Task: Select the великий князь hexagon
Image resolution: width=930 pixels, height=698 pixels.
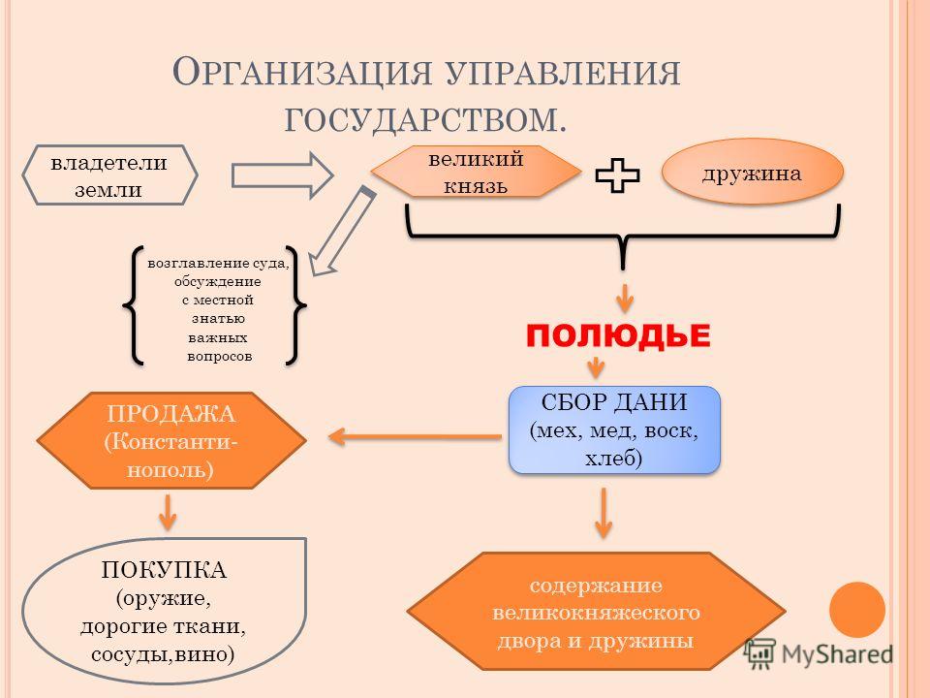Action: pos(470,170)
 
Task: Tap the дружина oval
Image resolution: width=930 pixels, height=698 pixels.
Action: pos(753,172)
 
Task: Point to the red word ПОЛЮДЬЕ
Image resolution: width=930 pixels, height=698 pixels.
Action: pos(618,335)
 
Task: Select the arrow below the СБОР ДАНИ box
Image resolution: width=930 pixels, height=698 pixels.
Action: pos(604,511)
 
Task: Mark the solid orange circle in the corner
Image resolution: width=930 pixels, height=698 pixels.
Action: pos(856,609)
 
